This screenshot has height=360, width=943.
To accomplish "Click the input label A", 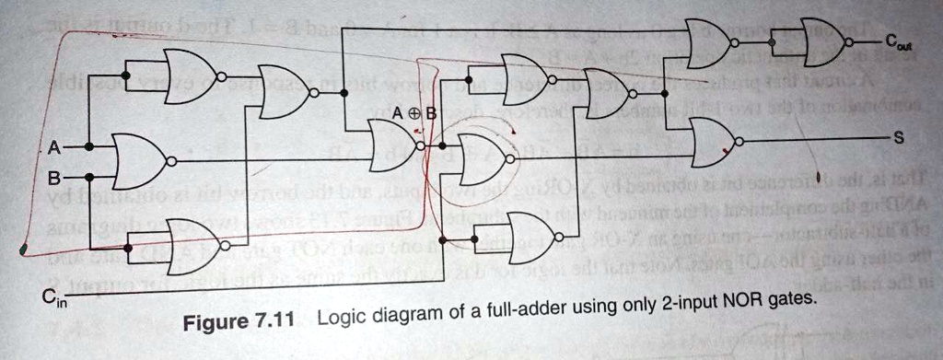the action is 54,146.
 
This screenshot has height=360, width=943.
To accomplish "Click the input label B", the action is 54,176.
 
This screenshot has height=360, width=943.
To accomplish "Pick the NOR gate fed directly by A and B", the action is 141,161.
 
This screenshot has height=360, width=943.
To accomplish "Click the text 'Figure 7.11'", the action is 238,323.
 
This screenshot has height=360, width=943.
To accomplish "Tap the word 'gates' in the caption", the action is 794,299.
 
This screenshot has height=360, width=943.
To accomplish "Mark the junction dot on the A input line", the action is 89,146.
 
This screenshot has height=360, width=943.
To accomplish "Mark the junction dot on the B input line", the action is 89,176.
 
